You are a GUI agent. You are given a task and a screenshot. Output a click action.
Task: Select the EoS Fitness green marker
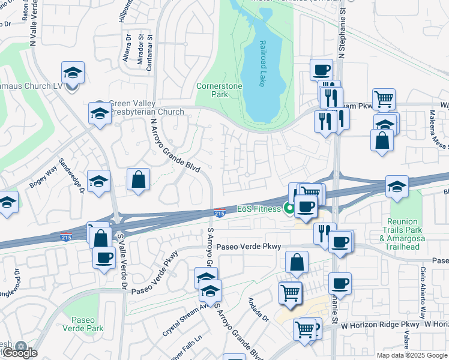[289, 209]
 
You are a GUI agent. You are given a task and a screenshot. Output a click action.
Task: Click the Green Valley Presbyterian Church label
[146, 108]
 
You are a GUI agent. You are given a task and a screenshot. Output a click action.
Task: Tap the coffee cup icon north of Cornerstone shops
[321, 70]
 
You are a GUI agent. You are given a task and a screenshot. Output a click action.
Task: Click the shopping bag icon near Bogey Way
[138, 179]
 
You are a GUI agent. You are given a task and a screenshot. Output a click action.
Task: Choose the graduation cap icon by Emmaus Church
[73, 73]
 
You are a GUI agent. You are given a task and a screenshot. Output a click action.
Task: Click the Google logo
[19, 352]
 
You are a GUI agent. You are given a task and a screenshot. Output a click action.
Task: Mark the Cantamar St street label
[149, 53]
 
